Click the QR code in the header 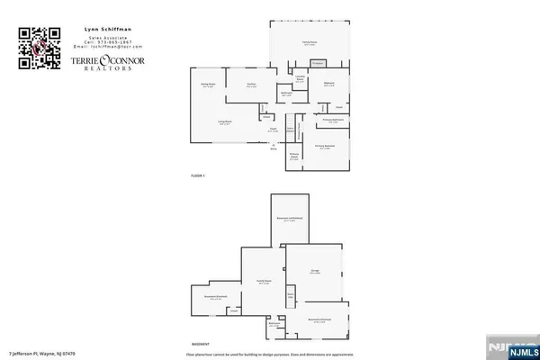(x=39, y=48)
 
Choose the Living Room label (x=225, y=122)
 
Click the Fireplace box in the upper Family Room (x=318, y=63)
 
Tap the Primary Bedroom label (x=324, y=146)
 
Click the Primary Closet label (x=293, y=155)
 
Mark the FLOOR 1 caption (x=198, y=175)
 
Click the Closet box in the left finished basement (x=233, y=312)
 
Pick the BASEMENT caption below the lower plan (x=201, y=345)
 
